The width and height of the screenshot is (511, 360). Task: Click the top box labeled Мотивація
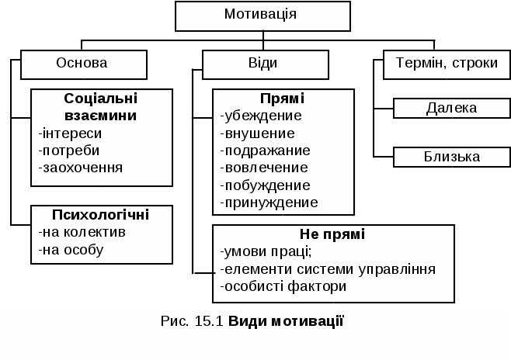[259, 14]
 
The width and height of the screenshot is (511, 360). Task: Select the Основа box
[82, 64]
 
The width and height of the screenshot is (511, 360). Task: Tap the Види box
[262, 64]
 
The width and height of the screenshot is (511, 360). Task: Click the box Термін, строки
[441, 64]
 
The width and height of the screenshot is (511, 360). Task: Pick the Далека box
[451, 108]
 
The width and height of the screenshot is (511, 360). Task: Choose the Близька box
[451, 157]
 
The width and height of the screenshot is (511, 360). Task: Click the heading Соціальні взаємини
[101, 107]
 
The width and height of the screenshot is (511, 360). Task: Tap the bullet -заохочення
[80, 167]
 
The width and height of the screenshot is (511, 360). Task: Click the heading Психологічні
[100, 214]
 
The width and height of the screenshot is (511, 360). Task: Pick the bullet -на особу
[71, 250]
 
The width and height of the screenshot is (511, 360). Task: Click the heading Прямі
[282, 99]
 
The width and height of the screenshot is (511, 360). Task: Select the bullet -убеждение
[262, 116]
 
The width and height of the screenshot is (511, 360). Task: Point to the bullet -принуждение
[269, 202]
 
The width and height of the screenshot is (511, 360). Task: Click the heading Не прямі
[332, 234]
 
